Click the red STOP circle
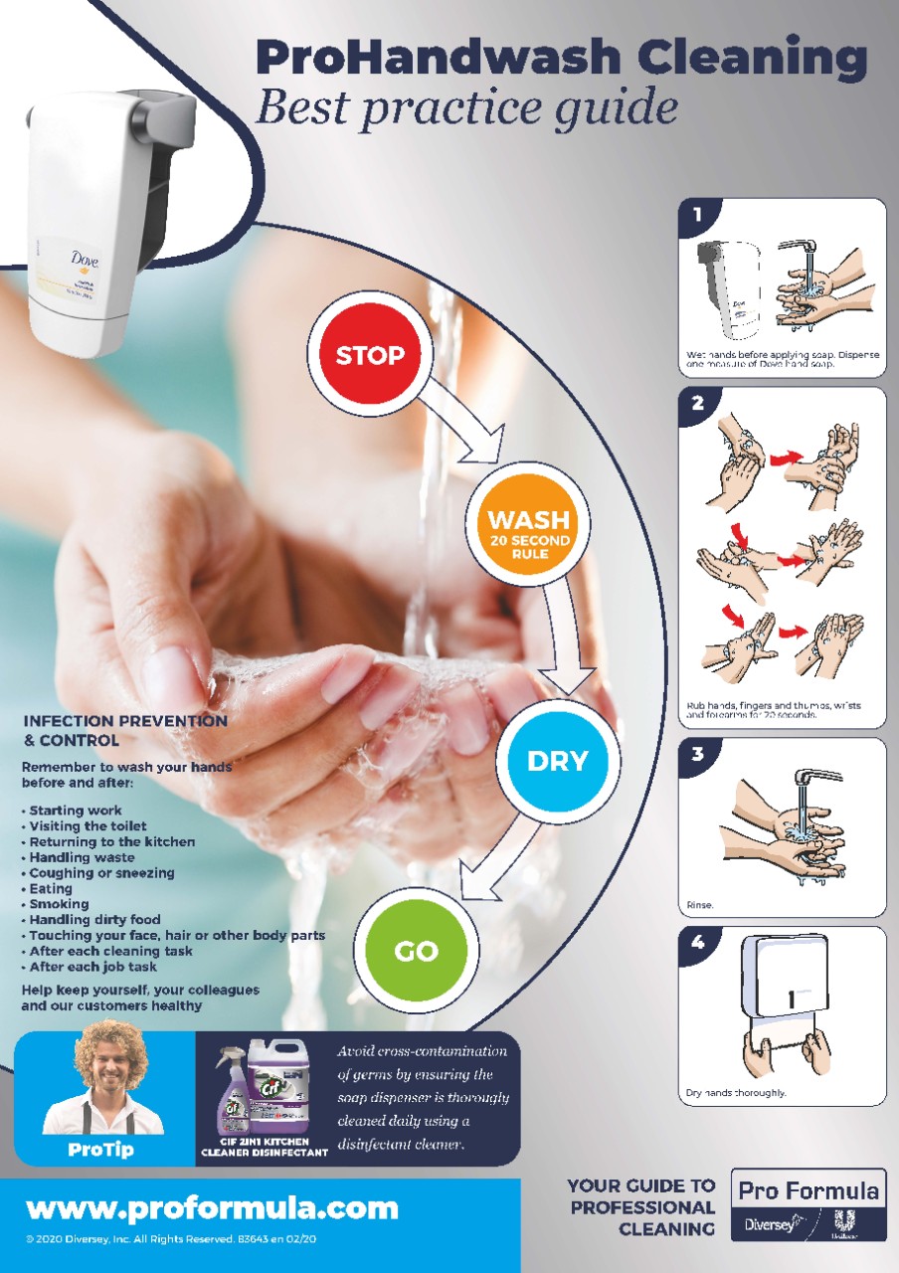coord(370,354)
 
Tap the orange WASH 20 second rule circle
coord(528,529)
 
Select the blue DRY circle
coord(557,761)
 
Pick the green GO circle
coord(416,951)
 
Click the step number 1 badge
coord(697,214)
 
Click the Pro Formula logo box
coord(808,1203)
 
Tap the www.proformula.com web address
coord(212,1208)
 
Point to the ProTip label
coord(102,1149)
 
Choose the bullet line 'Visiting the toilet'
coord(88,825)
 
